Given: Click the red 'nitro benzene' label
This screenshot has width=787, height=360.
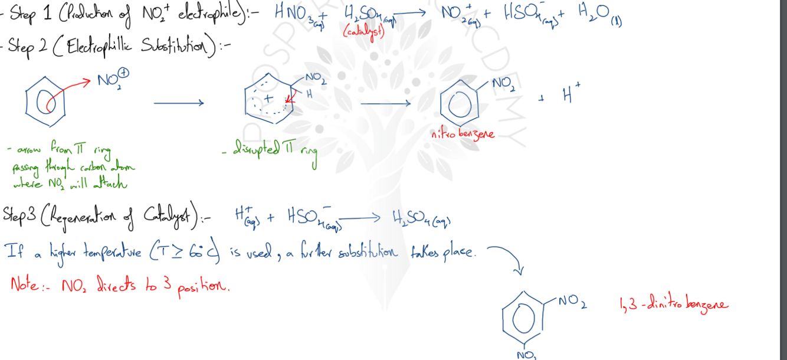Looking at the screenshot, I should pos(463,135).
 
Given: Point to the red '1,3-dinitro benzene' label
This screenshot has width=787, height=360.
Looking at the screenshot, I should pos(674,305).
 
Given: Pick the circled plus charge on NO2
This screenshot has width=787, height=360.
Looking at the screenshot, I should pos(124,73).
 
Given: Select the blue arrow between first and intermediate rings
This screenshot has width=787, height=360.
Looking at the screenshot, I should pos(179,103).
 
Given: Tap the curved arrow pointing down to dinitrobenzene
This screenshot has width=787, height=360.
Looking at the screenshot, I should pos(507,257).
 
